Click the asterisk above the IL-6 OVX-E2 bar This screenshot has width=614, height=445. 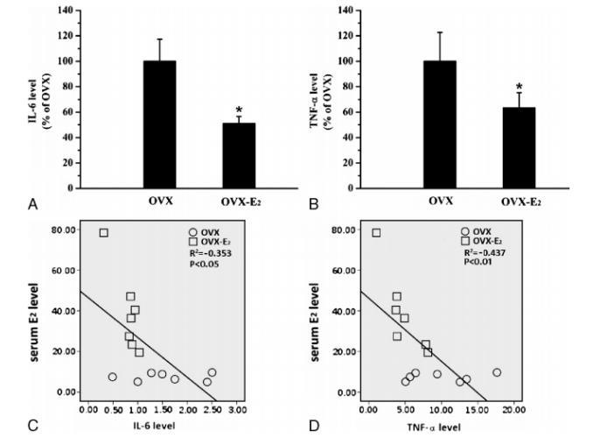(x=239, y=110)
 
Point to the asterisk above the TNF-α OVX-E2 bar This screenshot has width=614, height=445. (x=519, y=88)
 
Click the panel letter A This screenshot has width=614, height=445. (x=32, y=204)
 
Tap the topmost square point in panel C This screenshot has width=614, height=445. (x=103, y=233)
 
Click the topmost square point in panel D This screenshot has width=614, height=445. (x=376, y=233)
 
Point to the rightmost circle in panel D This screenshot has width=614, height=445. (x=497, y=372)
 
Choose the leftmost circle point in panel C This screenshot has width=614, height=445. (x=112, y=377)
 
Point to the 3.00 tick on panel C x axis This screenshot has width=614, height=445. (x=236, y=409)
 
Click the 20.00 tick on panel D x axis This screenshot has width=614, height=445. (x=513, y=409)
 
